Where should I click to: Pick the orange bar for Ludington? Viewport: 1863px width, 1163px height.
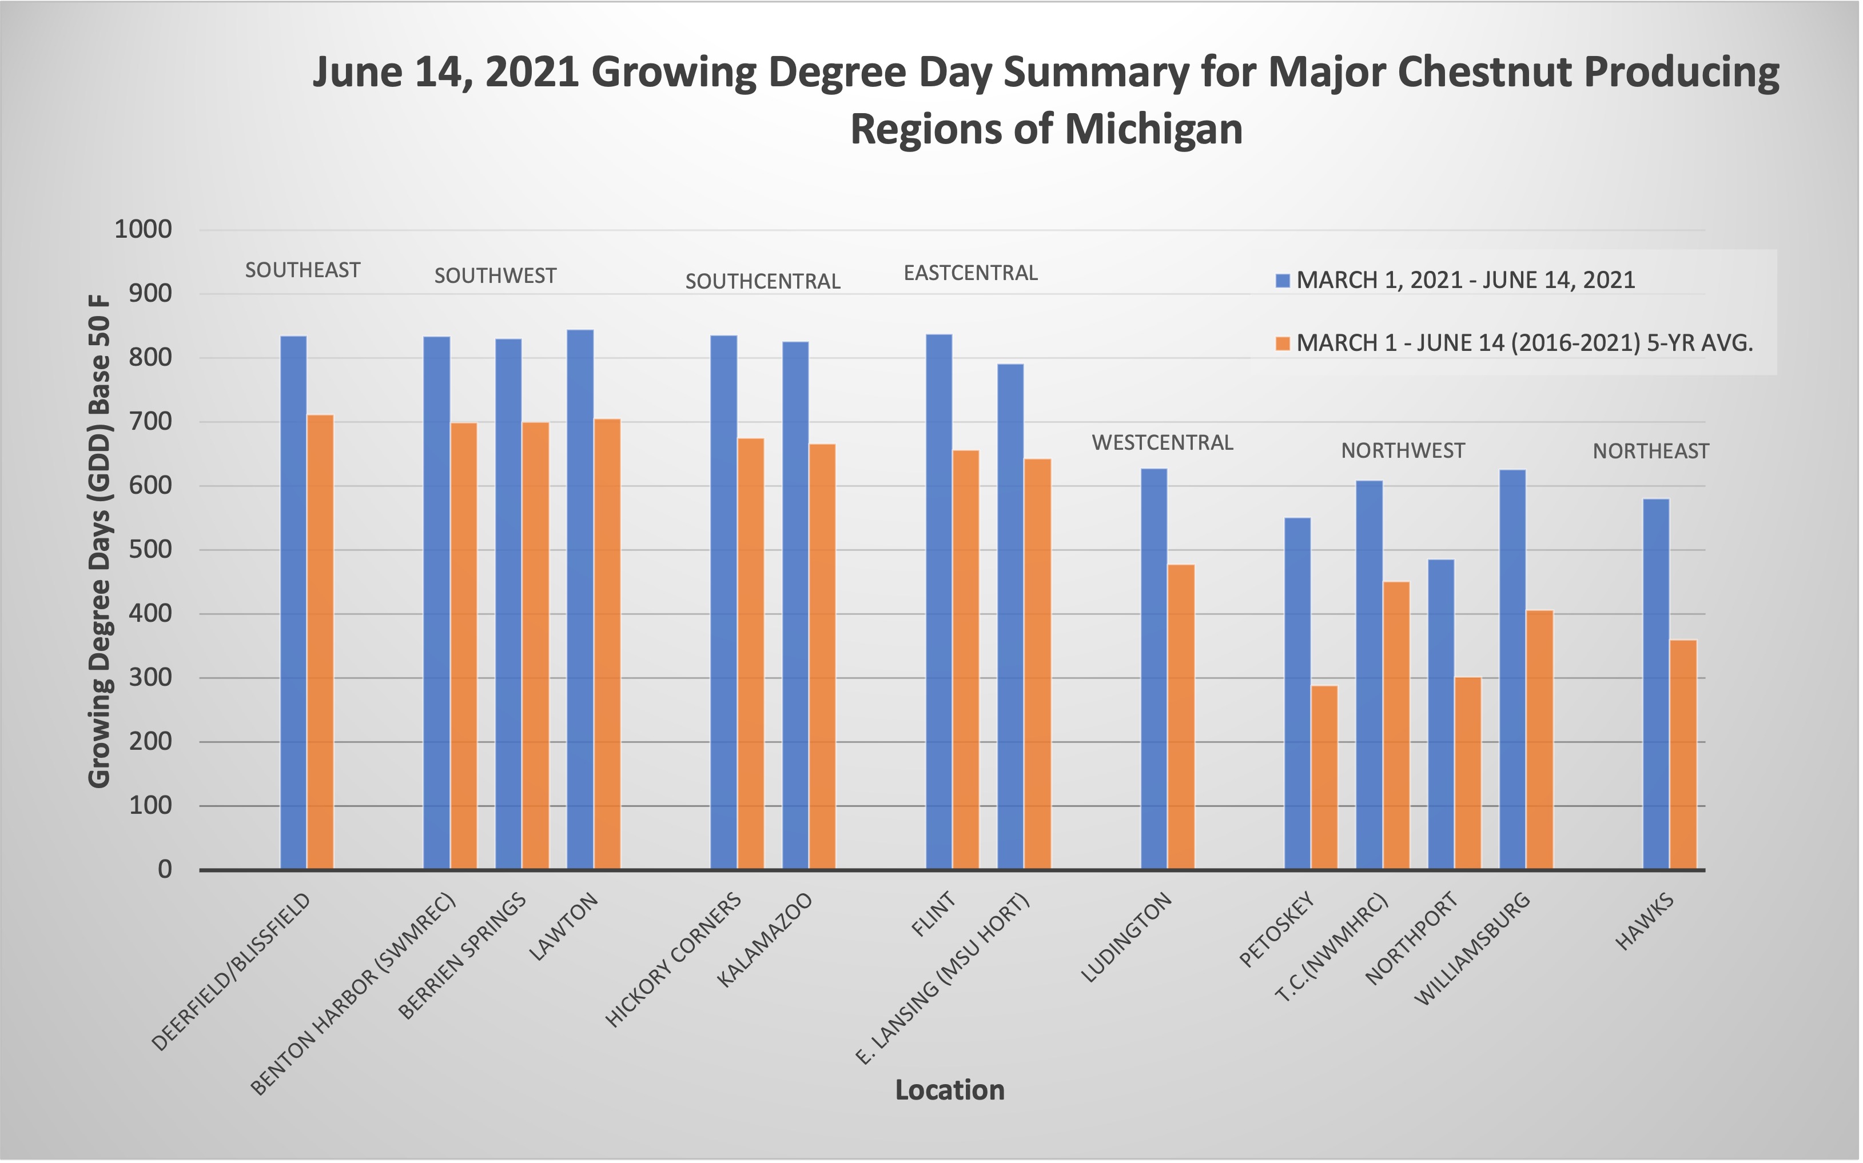click(x=1181, y=717)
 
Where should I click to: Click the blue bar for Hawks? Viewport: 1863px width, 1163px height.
click(x=1656, y=684)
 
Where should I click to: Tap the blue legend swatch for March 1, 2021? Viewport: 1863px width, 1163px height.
click(x=1282, y=281)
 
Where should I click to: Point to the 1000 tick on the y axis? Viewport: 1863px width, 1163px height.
click(x=143, y=229)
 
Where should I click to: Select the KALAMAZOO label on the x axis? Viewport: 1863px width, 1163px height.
click(x=765, y=940)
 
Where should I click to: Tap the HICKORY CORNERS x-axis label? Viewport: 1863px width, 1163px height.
click(x=674, y=960)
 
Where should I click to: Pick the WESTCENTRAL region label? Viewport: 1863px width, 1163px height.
click(x=1162, y=443)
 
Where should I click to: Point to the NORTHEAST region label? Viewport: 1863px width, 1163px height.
click(x=1651, y=451)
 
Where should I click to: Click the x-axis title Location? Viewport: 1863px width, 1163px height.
click(x=950, y=1090)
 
